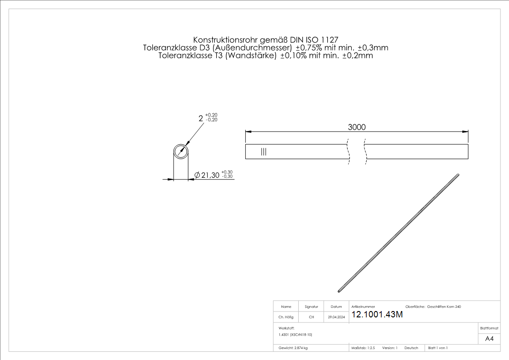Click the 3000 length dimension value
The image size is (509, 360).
click(357, 127)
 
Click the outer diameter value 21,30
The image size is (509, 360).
click(210, 175)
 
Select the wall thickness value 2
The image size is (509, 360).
click(201, 118)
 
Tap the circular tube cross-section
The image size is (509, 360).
click(181, 151)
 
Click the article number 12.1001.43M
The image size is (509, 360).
click(377, 315)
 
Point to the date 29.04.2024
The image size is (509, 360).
click(336, 317)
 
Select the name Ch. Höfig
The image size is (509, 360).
click(286, 317)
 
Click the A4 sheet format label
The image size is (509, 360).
click(490, 339)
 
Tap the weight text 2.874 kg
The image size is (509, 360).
click(293, 348)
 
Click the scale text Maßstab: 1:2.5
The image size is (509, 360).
click(363, 348)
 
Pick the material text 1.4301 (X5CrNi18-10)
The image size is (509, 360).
click(296, 334)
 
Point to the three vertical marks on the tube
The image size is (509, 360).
click(264, 152)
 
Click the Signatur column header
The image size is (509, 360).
click(311, 307)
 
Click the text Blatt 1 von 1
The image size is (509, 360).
click(438, 348)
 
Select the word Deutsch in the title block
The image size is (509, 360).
click(411, 348)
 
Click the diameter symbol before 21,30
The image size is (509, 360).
click(197, 175)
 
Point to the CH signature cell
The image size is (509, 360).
click(311, 317)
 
